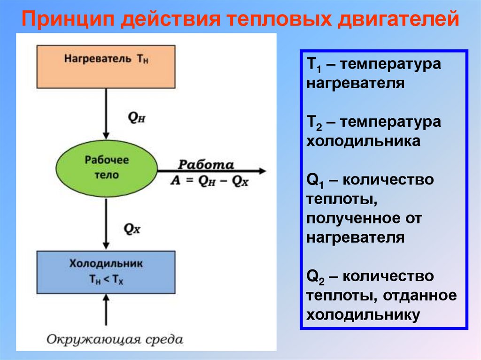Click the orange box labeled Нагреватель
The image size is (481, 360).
pyautogui.click(x=106, y=66)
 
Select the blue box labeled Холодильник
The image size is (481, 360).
pyautogui.click(x=106, y=272)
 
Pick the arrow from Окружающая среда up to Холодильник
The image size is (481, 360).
pyautogui.click(x=106, y=310)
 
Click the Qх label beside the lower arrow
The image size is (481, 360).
pyautogui.click(x=132, y=228)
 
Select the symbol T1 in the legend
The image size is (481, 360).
pyautogui.click(x=313, y=64)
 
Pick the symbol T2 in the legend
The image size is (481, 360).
pyautogui.click(x=313, y=123)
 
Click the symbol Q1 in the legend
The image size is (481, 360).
pyautogui.click(x=314, y=181)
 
